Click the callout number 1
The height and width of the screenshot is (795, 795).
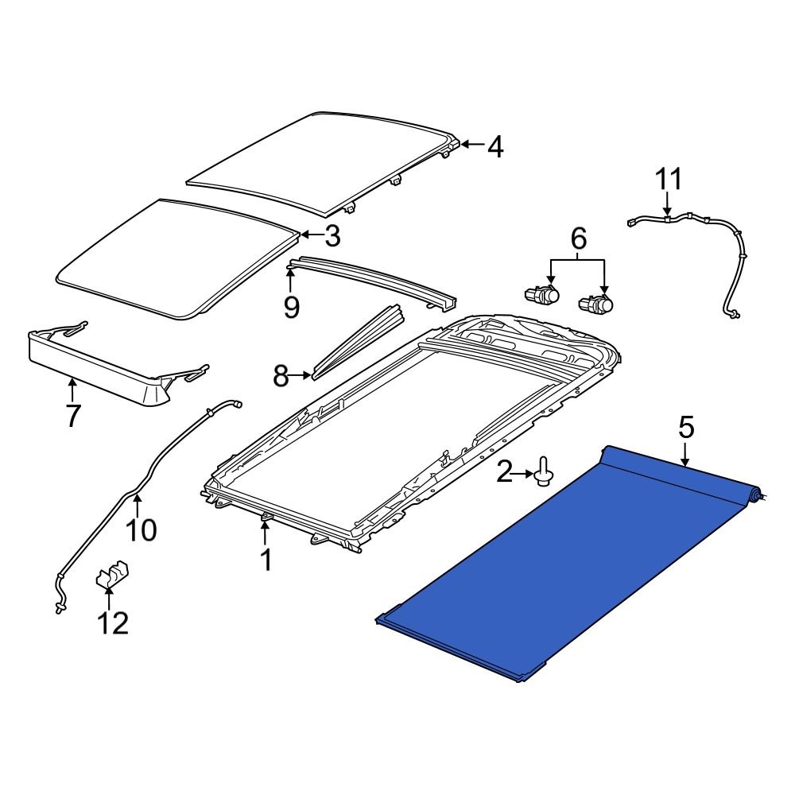coord(266,560)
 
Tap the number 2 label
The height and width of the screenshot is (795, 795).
coord(505,475)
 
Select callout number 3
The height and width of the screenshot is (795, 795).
coord(332,235)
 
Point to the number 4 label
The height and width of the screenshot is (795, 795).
coord(495,147)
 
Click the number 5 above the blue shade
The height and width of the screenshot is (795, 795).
coord(686,429)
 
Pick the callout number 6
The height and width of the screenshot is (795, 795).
coord(578,237)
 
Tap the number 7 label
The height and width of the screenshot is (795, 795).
coord(72,415)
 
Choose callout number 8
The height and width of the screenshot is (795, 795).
coord(281,376)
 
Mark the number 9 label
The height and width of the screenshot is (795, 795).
coord(292,306)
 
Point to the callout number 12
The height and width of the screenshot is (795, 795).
coord(112,623)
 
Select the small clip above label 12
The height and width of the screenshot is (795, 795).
coord(112,576)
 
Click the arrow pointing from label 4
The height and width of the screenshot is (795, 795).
coord(471,145)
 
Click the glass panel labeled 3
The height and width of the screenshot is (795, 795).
coord(175,258)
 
